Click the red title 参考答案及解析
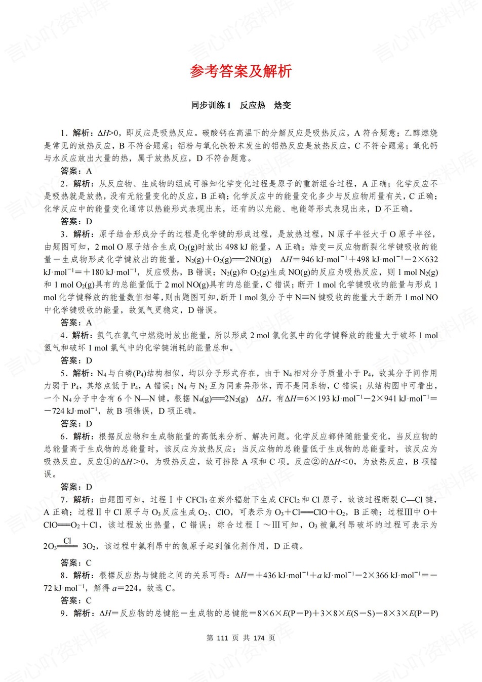point(240,71)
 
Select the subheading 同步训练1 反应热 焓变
point(240,105)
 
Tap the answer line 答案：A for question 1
point(76,171)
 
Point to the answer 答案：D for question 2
point(76,221)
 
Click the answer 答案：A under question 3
point(76,323)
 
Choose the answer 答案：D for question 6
point(76,487)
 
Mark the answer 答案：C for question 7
point(76,563)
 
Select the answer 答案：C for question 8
point(76,600)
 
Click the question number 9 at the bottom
point(63,613)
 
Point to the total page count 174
point(259,638)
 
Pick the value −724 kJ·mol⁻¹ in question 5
point(69,411)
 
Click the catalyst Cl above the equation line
point(67,541)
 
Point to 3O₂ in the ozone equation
point(89,546)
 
